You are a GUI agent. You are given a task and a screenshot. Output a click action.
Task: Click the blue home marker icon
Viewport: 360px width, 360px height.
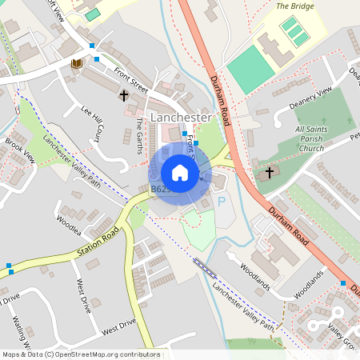[180, 173]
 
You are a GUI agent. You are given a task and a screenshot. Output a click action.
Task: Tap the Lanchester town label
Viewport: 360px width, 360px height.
[180, 118]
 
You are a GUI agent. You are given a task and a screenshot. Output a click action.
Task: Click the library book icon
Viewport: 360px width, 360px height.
[77, 64]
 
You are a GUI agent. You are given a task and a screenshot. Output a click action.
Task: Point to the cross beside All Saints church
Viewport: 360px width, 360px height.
[269, 172]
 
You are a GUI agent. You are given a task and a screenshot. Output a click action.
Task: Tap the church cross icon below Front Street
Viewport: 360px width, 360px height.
[124, 95]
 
